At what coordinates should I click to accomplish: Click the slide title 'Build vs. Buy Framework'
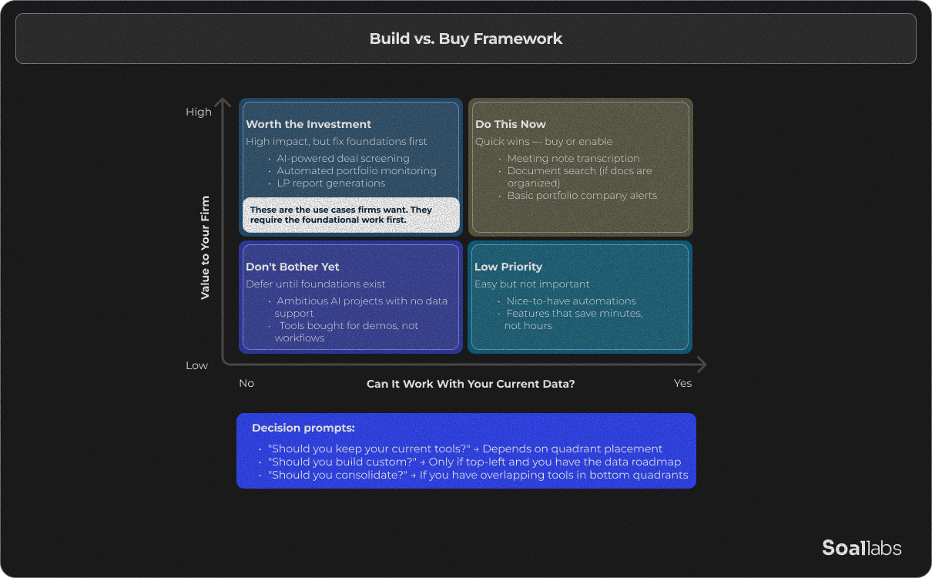pyautogui.click(x=466, y=39)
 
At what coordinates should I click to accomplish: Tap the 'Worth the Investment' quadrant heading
pyautogui.click(x=308, y=124)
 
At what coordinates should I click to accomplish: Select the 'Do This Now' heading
pyautogui.click(x=510, y=124)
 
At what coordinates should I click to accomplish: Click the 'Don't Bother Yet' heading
pyautogui.click(x=293, y=267)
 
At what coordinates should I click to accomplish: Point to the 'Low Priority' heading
pyautogui.click(x=508, y=267)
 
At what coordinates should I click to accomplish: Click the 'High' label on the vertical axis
pyautogui.click(x=198, y=112)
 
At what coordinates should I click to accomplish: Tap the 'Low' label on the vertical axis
pyautogui.click(x=196, y=365)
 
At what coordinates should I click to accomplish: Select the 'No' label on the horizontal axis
pyautogui.click(x=246, y=383)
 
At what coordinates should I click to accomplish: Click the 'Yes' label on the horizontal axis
pyautogui.click(x=682, y=383)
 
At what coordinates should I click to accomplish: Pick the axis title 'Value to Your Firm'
pyautogui.click(x=205, y=247)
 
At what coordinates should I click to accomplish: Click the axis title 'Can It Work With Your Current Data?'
pyautogui.click(x=471, y=383)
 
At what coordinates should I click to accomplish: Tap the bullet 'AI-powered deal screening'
pyautogui.click(x=343, y=158)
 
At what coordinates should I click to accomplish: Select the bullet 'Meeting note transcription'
pyautogui.click(x=573, y=158)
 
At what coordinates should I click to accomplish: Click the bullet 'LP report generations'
pyautogui.click(x=330, y=183)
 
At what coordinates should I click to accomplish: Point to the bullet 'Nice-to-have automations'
pyautogui.click(x=571, y=301)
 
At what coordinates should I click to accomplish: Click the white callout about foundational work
pyautogui.click(x=351, y=215)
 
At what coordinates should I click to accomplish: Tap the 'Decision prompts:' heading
pyautogui.click(x=303, y=428)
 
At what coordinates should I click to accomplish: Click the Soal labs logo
pyautogui.click(x=861, y=548)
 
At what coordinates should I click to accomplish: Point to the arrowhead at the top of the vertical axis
pyautogui.click(x=223, y=102)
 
